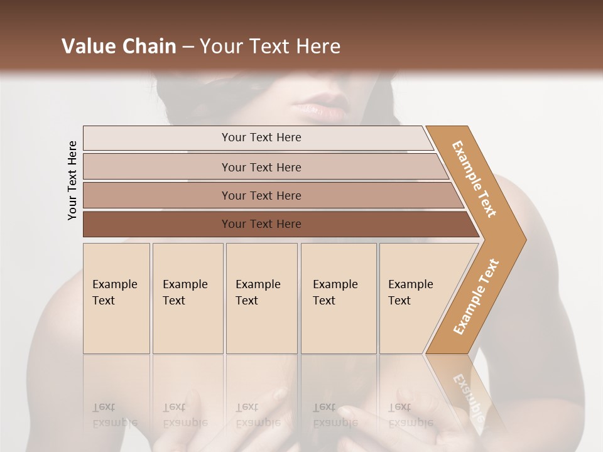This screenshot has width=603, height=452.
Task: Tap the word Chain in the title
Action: pyautogui.click(x=149, y=46)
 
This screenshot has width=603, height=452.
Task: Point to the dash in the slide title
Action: pyautogui.click(x=188, y=47)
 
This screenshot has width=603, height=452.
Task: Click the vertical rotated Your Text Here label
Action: pyautogui.click(x=72, y=180)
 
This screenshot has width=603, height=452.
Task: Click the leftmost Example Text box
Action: pyautogui.click(x=116, y=298)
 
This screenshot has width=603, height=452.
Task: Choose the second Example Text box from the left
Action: pyautogui.click(x=188, y=298)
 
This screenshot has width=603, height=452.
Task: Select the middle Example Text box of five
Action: pyautogui.click(x=261, y=298)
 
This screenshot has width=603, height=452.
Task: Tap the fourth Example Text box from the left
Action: pyautogui.click(x=339, y=298)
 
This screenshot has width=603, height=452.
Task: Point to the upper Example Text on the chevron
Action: pyautogui.click(x=474, y=179)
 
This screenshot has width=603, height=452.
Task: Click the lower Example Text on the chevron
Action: pyautogui.click(x=475, y=296)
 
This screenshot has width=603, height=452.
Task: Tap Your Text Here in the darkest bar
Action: pyautogui.click(x=261, y=224)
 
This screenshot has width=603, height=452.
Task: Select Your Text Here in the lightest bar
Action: pyautogui.click(x=261, y=137)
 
